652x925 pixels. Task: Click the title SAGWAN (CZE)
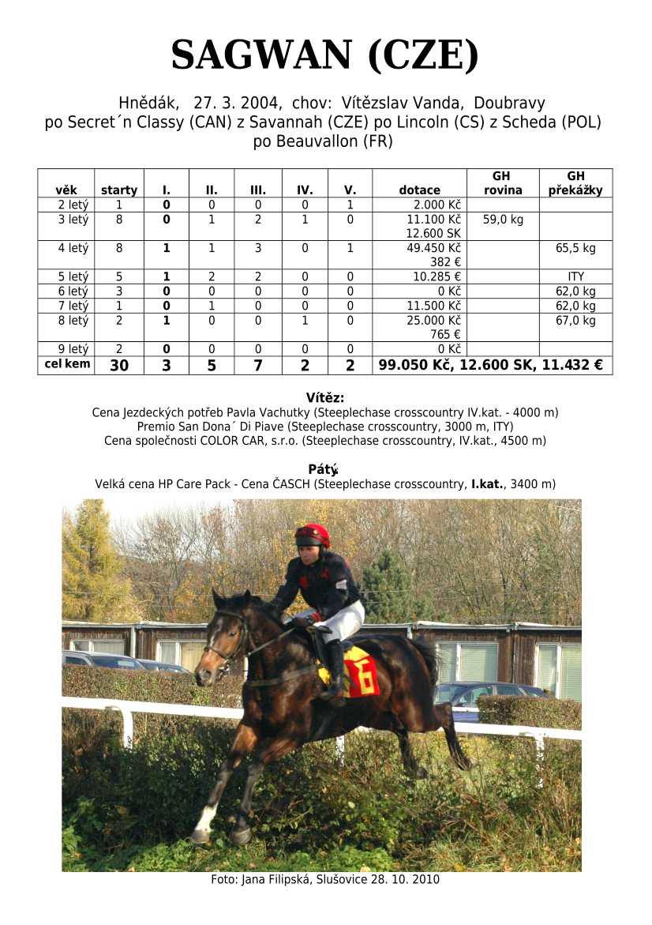tap(325, 55)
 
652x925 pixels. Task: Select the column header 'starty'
tap(119, 190)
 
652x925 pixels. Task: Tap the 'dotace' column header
tap(419, 190)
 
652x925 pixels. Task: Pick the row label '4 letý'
tap(73, 248)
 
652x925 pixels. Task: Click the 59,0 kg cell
tap(503, 220)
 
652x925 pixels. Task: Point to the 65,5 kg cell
tap(575, 248)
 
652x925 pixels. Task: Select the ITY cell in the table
tap(575, 277)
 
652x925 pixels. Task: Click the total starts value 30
tap(119, 366)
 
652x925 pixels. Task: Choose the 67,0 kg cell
tap(575, 321)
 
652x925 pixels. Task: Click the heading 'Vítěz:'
tap(325, 397)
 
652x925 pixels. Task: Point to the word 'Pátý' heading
tap(323, 469)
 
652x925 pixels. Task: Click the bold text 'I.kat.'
tap(487, 484)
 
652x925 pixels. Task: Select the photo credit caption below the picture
tap(325, 879)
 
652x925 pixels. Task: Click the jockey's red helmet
tap(313, 535)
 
